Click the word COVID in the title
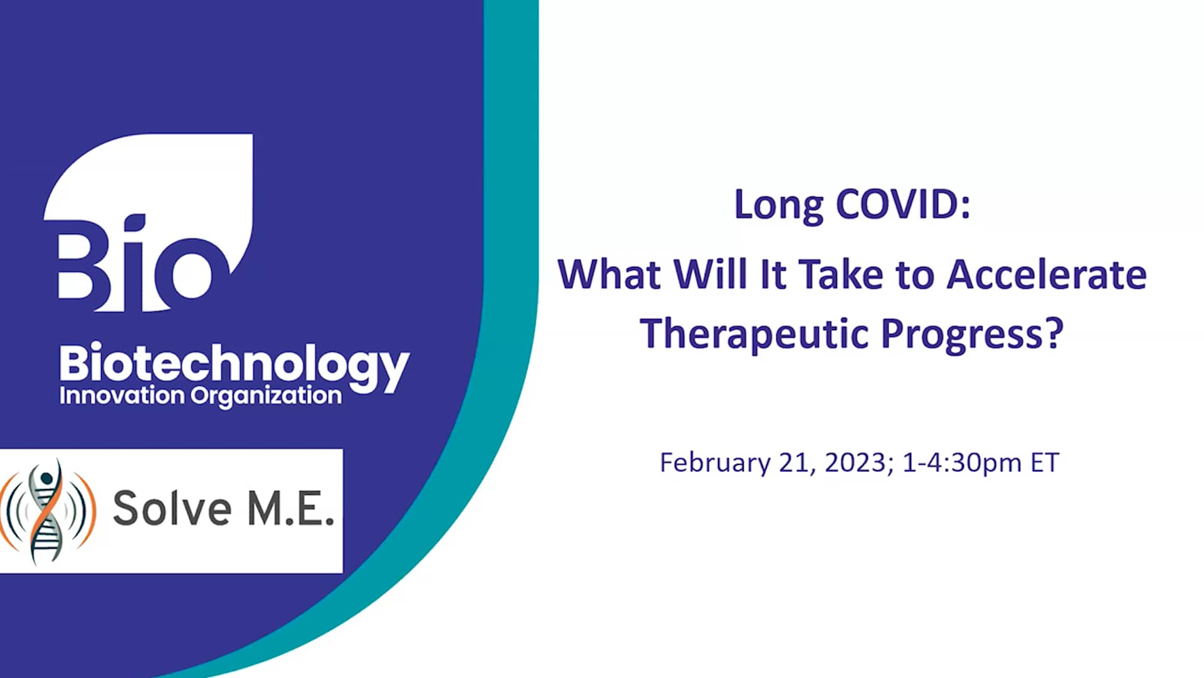click(903, 205)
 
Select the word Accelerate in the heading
click(1046, 275)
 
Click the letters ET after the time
click(1045, 463)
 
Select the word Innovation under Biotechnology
click(122, 396)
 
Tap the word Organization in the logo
click(266, 397)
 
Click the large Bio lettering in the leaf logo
click(135, 264)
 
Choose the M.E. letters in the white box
click(290, 508)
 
